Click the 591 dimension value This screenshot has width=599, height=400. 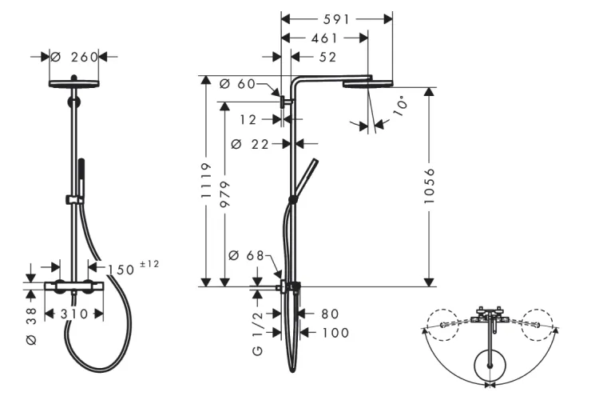(336, 19)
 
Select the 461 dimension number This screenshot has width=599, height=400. (324, 38)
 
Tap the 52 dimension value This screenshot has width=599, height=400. (327, 57)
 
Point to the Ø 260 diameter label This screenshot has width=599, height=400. (74, 57)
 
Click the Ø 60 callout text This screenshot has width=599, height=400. (238, 84)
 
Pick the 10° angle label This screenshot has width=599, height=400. (400, 107)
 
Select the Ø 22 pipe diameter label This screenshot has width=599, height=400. (250, 144)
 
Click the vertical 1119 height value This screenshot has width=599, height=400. (206, 180)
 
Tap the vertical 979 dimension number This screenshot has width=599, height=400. (225, 194)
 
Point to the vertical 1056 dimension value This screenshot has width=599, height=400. (430, 186)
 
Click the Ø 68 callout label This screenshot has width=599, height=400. (247, 255)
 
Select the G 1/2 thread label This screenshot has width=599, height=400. (258, 333)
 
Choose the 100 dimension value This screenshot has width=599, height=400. (335, 333)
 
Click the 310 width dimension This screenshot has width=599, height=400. (74, 314)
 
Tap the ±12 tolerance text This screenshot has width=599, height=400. (149, 264)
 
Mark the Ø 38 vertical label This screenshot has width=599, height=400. (32, 326)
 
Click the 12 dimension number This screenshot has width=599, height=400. (248, 120)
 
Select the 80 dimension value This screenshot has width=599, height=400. (330, 314)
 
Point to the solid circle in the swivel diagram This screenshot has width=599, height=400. (490, 365)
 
